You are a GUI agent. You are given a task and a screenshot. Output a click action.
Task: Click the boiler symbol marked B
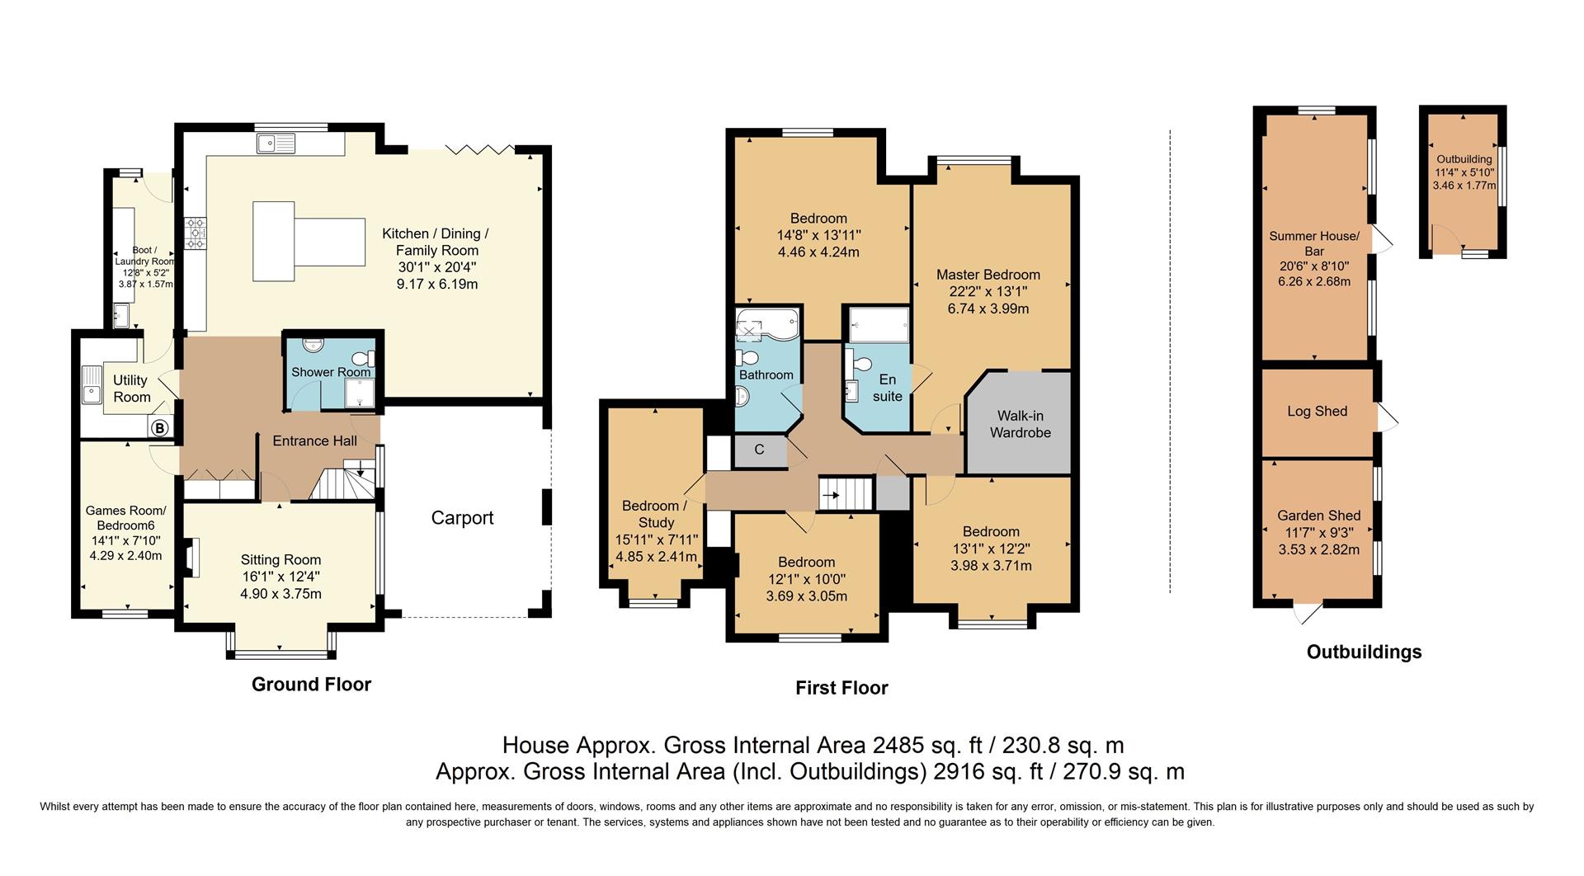click(x=160, y=428)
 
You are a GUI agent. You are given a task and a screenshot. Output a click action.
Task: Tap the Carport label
click(x=462, y=518)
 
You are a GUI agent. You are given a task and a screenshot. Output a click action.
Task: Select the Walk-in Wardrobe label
click(x=1021, y=424)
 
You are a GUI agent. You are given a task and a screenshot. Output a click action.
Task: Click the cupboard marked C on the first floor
click(x=760, y=450)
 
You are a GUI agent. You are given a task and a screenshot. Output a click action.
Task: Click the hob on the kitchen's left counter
click(x=196, y=233)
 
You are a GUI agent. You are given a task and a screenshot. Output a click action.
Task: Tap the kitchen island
click(x=309, y=242)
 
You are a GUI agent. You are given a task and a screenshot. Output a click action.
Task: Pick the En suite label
click(x=888, y=388)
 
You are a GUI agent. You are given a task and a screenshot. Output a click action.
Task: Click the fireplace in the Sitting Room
click(x=191, y=558)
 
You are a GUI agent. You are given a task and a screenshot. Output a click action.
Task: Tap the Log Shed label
click(x=1318, y=412)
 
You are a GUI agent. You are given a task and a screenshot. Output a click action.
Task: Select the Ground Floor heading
click(x=311, y=685)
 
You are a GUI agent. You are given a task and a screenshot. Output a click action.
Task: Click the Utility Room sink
click(x=91, y=384)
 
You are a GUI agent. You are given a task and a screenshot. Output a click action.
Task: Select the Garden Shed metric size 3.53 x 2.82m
click(x=1319, y=549)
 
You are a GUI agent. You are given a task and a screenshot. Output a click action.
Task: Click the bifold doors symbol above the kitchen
click(x=480, y=149)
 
